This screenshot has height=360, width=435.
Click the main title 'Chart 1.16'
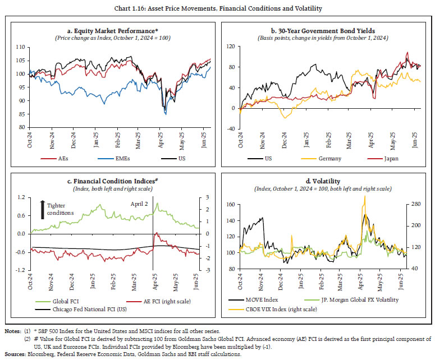click(217, 7)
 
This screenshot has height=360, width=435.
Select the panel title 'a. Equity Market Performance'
click(112, 30)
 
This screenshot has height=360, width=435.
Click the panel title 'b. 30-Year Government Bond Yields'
click(327, 30)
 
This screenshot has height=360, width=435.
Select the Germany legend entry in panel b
click(331, 159)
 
